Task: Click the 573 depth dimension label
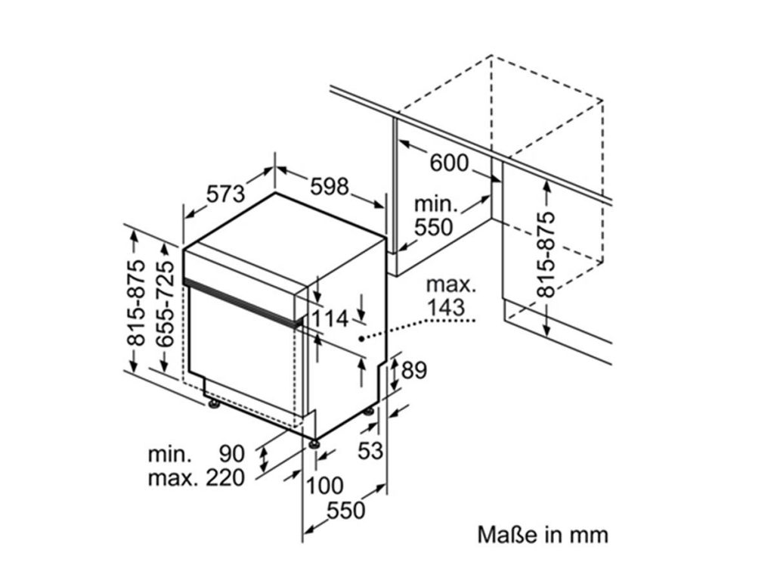click(227, 194)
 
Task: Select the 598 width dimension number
click(329, 185)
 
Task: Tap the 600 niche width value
click(449, 163)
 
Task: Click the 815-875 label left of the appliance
click(135, 303)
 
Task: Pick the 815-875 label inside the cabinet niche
click(545, 254)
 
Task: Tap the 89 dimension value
click(414, 371)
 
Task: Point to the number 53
click(370, 451)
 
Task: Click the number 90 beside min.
click(232, 455)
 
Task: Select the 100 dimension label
click(326, 485)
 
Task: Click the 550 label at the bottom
click(345, 511)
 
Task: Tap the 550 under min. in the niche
click(434, 227)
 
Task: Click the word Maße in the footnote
click(504, 535)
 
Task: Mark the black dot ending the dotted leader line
click(363, 339)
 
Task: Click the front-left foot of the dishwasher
click(215, 405)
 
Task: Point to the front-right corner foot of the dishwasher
click(312, 441)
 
